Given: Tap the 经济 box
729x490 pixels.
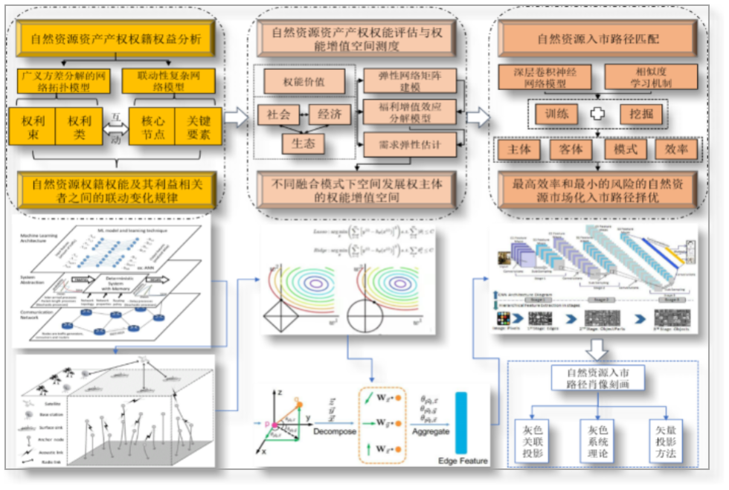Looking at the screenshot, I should (330, 114).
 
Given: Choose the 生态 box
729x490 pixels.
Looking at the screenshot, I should (302, 144).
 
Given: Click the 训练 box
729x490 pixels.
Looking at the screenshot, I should (556, 114).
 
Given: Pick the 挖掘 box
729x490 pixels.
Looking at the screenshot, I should (641, 114).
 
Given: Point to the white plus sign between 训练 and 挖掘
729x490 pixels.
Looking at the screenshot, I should (598, 114).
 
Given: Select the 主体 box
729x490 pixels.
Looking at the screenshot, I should (518, 149).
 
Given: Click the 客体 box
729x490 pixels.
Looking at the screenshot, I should (571, 149).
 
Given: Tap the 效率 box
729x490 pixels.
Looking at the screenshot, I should (676, 149).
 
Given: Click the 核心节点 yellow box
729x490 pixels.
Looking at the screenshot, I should (152, 126).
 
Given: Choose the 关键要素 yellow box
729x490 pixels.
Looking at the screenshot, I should (199, 126).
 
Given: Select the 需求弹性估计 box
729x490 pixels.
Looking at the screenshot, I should (409, 144).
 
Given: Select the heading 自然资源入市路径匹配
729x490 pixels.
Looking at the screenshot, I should (597, 38).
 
